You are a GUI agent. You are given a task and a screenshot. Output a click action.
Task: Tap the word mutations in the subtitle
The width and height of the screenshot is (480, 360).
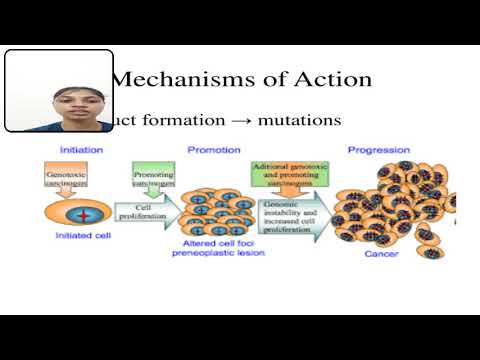click(x=300, y=119)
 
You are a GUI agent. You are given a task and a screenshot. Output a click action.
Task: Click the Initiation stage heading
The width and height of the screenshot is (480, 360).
click(x=81, y=149)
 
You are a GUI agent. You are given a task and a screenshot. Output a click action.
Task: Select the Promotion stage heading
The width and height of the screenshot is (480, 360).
click(x=213, y=149)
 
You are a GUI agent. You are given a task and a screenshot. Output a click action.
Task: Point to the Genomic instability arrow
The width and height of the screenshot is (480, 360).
click(x=292, y=218)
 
